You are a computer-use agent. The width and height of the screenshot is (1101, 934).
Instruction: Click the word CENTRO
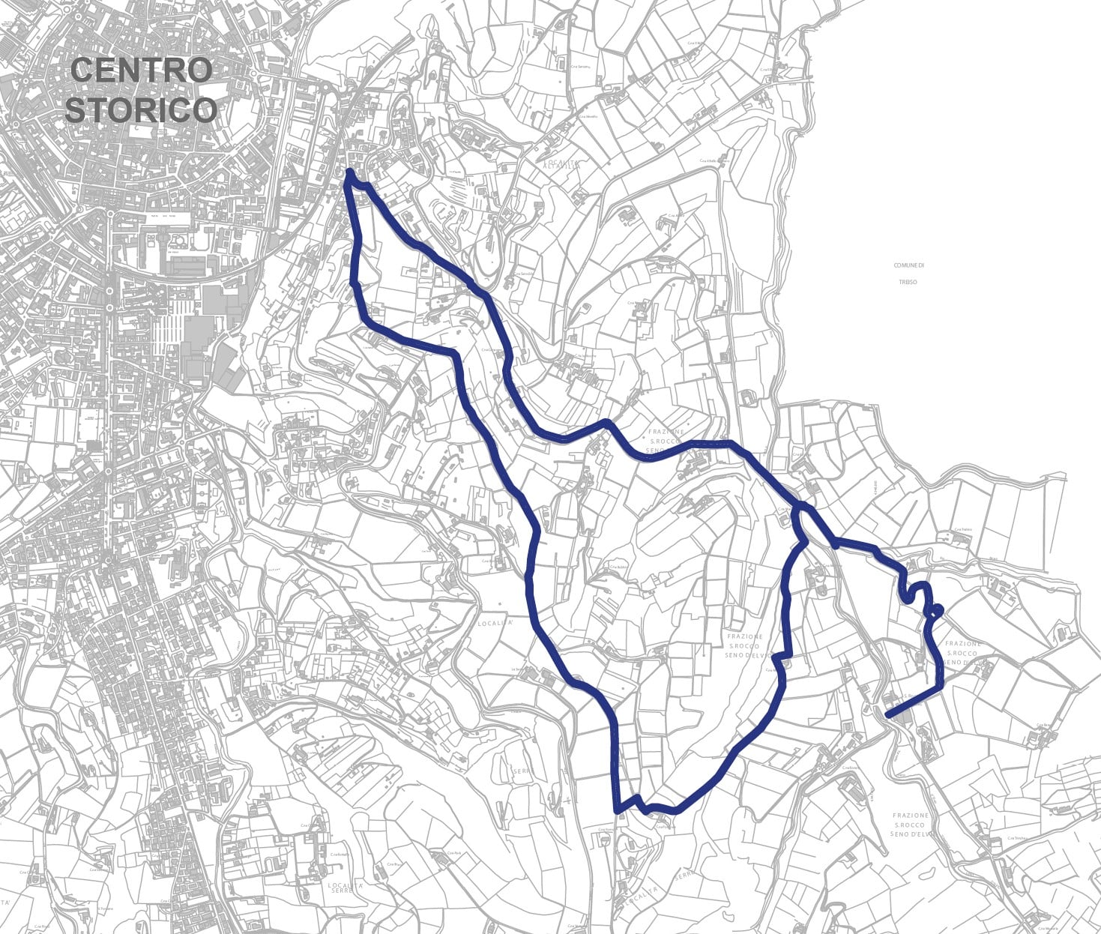142,70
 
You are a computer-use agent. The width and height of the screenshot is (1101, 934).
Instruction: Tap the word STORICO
141,109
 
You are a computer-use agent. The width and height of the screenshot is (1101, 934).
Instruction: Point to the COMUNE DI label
908,265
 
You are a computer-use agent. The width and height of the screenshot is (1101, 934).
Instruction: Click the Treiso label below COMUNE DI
908,283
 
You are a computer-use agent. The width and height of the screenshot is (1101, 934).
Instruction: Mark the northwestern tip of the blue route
350,173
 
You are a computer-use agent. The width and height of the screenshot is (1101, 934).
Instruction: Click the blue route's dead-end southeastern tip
887,717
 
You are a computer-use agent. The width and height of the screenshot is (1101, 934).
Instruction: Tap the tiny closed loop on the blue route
937,610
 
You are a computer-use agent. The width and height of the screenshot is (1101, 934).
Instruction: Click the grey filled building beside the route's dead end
902,715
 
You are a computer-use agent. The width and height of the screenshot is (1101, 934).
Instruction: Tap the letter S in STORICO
76,109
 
